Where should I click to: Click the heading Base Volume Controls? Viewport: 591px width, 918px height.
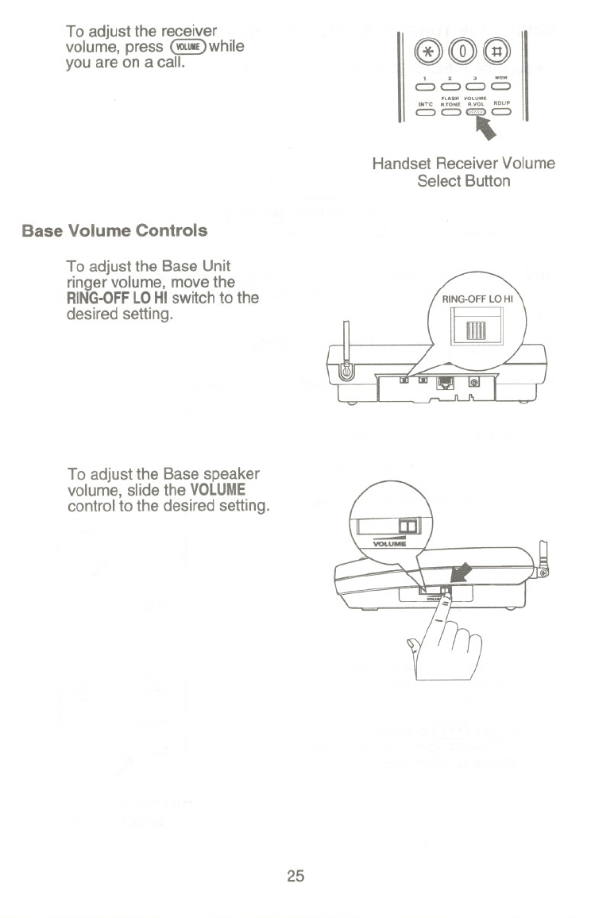(x=115, y=231)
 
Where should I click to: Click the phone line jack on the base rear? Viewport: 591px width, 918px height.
(x=446, y=383)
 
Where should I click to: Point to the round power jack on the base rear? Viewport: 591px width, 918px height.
(x=475, y=384)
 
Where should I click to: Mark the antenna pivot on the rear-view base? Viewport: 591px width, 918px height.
(x=346, y=371)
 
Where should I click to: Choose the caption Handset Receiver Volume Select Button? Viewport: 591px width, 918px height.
(x=464, y=172)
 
